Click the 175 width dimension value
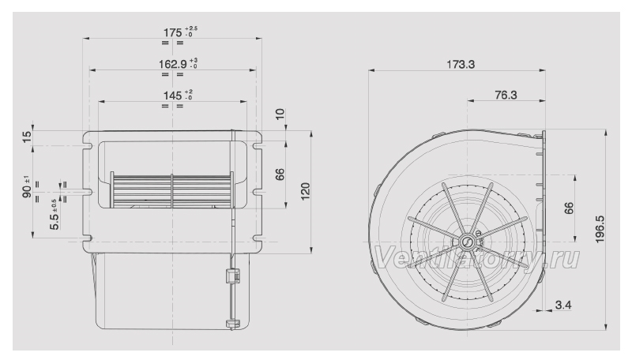click(x=172, y=32)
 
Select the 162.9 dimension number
click(x=172, y=64)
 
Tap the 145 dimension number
click(x=172, y=96)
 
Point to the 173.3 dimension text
click(x=461, y=64)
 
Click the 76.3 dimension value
click(x=506, y=95)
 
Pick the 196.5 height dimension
click(x=600, y=229)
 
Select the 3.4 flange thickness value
click(x=563, y=305)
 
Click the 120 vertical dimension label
click(x=306, y=191)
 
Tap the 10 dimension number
click(x=280, y=114)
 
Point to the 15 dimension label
click(x=27, y=137)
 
